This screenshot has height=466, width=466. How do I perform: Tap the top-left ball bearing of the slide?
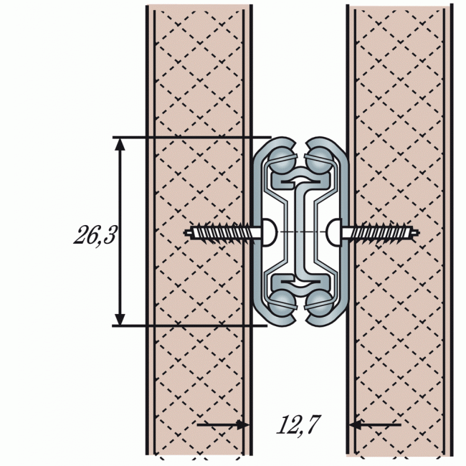tap(282, 159)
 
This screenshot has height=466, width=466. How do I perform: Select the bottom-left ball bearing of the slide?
tap(282, 301)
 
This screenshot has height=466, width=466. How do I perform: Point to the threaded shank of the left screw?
tap(222, 232)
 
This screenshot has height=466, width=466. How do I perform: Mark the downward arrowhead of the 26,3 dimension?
tap(120, 318)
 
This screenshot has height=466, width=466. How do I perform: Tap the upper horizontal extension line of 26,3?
tap(194, 136)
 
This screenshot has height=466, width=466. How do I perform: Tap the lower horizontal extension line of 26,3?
tap(194, 325)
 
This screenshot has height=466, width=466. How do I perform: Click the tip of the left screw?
tap(187, 232)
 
